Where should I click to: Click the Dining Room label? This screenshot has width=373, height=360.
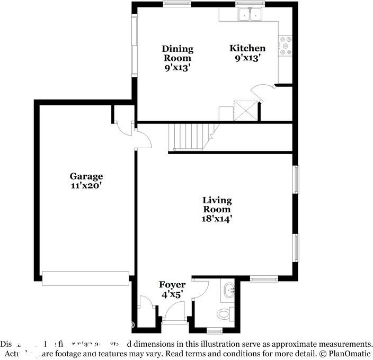[177, 53]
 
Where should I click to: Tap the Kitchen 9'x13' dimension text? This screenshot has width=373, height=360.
[247, 58]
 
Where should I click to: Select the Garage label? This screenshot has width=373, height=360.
[86, 176]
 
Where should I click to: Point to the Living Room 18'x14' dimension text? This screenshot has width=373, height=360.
[217, 218]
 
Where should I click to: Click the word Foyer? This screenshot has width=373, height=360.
[172, 285]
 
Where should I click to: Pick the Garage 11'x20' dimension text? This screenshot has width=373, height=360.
[86, 186]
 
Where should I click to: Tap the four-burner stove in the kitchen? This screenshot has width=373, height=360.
[286, 46]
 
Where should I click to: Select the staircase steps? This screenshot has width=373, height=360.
[189, 136]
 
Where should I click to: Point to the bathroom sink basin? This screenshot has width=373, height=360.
[229, 290]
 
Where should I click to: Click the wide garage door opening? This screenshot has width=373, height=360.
[85, 278]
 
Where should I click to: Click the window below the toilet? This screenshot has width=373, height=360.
[215, 331]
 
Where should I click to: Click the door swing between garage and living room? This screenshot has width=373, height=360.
[144, 139]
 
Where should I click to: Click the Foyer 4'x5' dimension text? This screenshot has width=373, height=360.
[172, 295]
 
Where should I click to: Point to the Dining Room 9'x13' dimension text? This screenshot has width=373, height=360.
[177, 67]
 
